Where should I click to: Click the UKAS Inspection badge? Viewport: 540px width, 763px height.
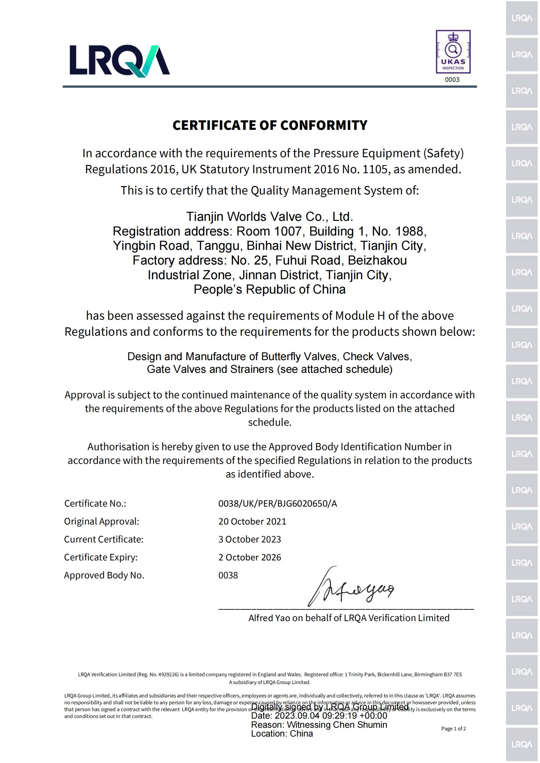[x=453, y=52]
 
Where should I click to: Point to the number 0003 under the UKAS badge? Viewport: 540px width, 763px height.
[x=452, y=80]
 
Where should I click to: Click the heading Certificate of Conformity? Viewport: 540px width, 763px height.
[x=270, y=125]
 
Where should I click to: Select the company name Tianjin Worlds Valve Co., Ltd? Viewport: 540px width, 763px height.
[x=269, y=217]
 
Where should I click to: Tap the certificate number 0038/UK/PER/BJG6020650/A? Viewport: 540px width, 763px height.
[x=277, y=503]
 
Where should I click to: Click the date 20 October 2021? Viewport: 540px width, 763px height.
[x=252, y=521]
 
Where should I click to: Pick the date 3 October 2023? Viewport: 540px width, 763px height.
[x=249, y=539]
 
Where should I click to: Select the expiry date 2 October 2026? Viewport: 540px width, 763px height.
[x=249, y=557]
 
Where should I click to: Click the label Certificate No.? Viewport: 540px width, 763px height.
[x=95, y=503]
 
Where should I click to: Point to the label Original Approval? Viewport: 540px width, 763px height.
[x=102, y=521]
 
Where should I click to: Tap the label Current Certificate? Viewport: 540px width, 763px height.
[x=103, y=539]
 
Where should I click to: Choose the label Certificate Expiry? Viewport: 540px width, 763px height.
[x=101, y=557]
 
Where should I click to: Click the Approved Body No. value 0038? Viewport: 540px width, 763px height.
[x=228, y=575]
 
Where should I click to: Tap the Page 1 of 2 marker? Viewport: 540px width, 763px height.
[x=453, y=729]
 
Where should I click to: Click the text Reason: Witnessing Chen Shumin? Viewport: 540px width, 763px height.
[x=319, y=725]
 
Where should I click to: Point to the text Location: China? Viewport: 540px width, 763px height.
[x=282, y=734]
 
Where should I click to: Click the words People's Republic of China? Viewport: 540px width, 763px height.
[x=269, y=289]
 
